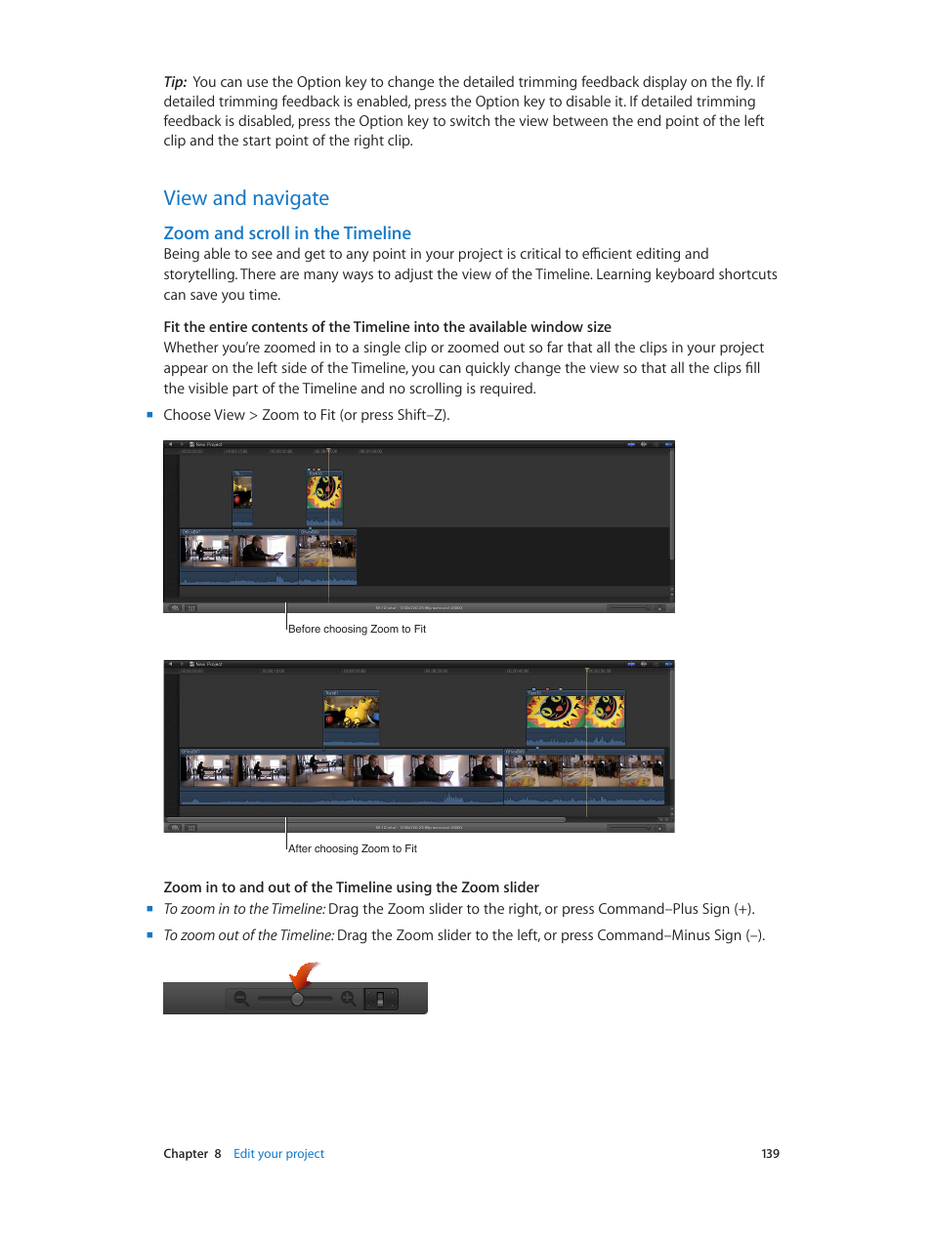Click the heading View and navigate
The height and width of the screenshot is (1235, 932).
point(246,198)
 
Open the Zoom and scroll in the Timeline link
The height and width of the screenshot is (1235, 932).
point(287,233)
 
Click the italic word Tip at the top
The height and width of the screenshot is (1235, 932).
point(174,82)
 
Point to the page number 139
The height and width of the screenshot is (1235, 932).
point(770,1154)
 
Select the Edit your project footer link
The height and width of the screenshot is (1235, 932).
point(278,1154)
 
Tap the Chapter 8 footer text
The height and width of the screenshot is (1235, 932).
point(192,1154)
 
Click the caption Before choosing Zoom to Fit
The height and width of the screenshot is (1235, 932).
point(357,630)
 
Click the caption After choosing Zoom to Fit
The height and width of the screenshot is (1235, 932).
point(352,849)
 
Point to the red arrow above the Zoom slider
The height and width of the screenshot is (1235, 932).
point(305,974)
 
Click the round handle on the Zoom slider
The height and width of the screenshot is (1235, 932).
point(297,999)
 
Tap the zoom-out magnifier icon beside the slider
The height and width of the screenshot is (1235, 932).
point(241,999)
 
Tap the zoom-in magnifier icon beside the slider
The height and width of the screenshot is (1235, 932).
point(348,999)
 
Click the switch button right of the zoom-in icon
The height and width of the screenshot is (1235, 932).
point(381,999)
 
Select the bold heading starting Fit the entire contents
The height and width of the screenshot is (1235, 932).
point(387,327)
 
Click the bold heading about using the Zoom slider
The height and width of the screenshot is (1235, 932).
point(351,887)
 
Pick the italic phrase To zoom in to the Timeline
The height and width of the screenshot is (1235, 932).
point(244,909)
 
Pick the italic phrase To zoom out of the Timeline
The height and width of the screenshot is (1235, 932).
point(248,935)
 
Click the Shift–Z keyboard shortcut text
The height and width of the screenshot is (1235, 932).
point(421,415)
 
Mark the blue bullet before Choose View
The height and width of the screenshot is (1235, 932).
point(150,415)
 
